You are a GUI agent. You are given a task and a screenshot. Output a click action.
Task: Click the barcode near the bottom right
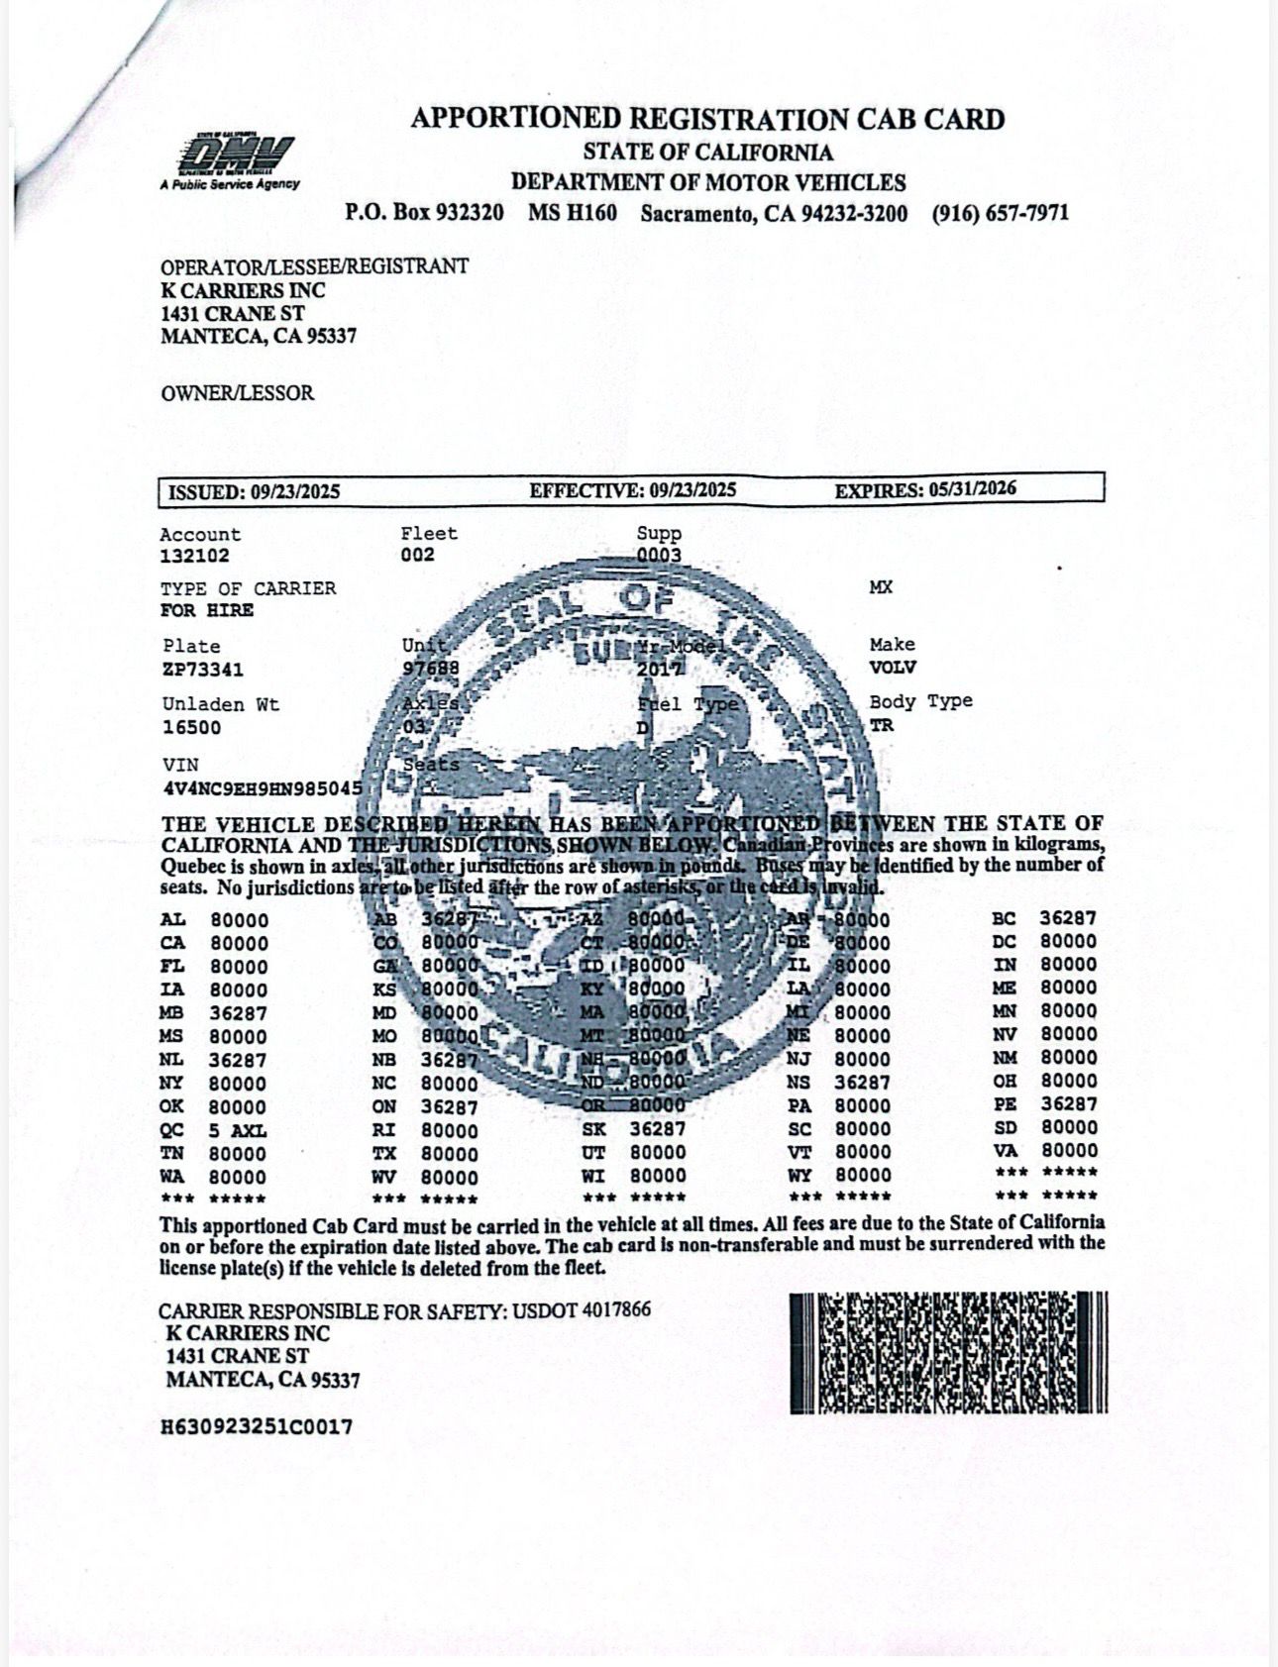pos(948,1352)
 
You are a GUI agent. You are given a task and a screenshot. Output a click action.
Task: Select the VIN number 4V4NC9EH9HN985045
pos(262,788)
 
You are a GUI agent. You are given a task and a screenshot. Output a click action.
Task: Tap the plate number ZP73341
pos(203,670)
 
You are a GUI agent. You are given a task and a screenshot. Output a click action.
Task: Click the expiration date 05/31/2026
pos(972,489)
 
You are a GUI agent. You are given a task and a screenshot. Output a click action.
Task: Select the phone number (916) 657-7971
pos(1000,213)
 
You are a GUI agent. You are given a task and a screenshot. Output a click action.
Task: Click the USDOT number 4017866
pos(616,1310)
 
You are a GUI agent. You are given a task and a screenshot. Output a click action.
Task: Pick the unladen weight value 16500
pos(191,728)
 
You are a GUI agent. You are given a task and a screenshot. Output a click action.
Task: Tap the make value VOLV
pos(893,667)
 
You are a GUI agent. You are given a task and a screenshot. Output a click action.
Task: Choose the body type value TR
pos(881,725)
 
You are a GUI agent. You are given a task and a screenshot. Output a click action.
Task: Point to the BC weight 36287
pos(1068,918)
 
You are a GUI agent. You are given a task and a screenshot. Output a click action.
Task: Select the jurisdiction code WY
pos(799,1176)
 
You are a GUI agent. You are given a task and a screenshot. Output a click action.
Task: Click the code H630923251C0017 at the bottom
pos(257,1427)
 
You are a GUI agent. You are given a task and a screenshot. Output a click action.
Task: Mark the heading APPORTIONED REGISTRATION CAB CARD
pos(707,120)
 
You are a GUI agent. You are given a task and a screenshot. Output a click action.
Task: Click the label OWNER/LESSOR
pos(238,393)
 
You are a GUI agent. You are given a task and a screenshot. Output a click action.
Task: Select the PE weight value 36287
pos(1068,1103)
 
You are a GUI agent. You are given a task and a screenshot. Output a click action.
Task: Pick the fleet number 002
pos(417,555)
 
